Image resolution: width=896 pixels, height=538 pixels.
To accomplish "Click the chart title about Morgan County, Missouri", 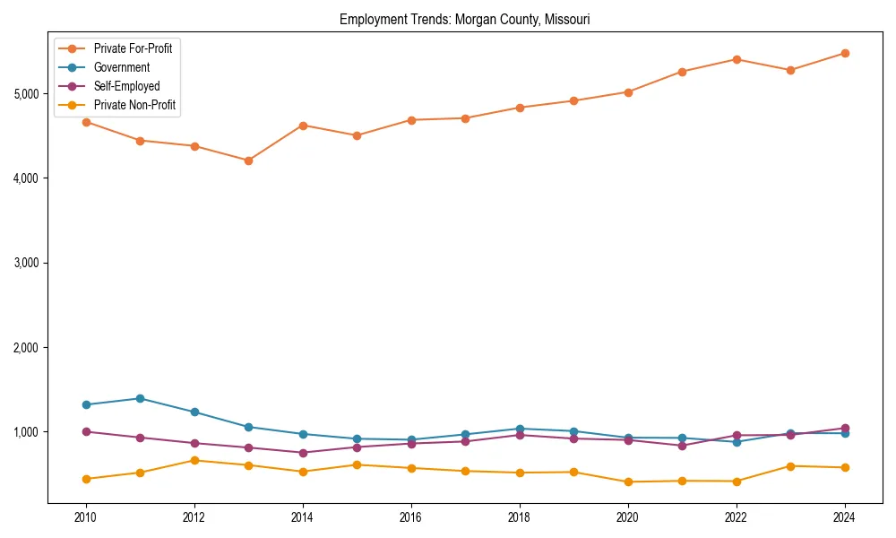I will pos(464,19).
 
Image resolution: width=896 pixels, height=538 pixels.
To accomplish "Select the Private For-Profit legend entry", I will pos(133,48).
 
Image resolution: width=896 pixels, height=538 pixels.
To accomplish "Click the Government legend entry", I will pos(121,67).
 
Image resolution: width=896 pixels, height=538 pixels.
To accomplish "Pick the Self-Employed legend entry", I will pos(126,86).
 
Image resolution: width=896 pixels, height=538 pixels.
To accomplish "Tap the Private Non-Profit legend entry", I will pos(134,106).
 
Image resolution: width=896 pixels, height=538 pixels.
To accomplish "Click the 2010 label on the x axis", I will pos(86,517).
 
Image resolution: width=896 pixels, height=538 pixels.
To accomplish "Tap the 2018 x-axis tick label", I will pos(519,517).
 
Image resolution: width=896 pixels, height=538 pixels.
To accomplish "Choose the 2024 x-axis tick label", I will pos(844,517).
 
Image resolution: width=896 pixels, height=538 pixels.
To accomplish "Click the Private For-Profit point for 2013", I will pos(248,161).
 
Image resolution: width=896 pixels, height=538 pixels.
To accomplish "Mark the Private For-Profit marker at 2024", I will pos(844,53).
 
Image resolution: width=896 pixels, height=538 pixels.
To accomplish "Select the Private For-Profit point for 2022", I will pos(737,59).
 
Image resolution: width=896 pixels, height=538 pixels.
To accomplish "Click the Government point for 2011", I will pos(140,398).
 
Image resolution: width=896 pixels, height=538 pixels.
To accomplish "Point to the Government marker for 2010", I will pos(86,404).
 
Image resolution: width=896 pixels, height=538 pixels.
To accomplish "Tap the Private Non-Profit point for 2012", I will pos(194,460).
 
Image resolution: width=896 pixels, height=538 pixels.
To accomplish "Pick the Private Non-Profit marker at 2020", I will pos(627,482).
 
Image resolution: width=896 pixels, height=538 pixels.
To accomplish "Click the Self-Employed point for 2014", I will pos(303,453).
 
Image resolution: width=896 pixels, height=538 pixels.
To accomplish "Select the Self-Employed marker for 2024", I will pos(844,429).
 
